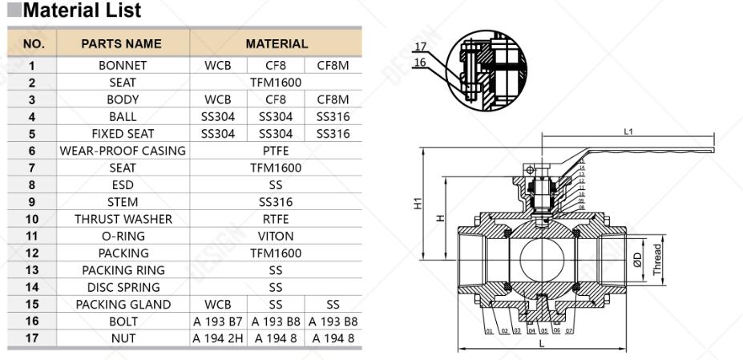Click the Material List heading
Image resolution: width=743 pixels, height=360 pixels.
pos(82,11)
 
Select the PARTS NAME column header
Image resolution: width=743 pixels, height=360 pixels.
pos(121,44)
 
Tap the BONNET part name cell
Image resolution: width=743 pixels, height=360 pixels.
pos(123,66)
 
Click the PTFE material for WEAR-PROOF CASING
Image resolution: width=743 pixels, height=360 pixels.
pos(276,151)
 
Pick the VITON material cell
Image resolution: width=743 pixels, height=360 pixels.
pos(276,236)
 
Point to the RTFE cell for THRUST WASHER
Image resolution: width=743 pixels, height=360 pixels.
pos(276,219)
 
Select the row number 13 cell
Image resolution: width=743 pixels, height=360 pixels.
pos(32,270)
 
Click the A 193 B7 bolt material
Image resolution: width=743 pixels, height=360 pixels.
pos(218,322)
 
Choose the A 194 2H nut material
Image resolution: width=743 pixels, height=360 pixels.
pos(218,338)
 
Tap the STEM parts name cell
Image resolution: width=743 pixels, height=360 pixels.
pos(123,202)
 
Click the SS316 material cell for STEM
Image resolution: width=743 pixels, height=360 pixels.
pos(276,202)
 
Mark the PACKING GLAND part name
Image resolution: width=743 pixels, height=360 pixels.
pos(123,304)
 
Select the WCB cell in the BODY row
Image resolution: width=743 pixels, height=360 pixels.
pos(218,99)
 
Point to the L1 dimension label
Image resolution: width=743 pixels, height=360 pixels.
pos(628,132)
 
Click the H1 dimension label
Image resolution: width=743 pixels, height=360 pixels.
pos(418,204)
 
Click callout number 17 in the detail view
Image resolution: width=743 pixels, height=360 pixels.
pos(420,47)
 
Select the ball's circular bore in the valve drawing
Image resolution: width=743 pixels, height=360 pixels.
pos(541,259)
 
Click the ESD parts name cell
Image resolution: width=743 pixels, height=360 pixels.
pos(123,185)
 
